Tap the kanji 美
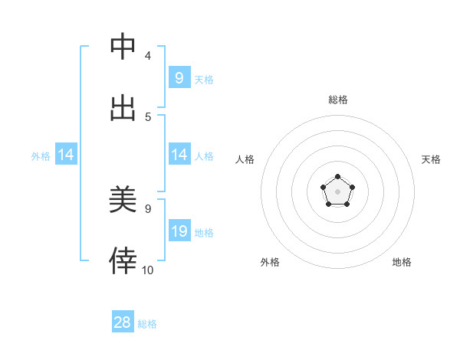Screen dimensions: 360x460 click(x=123, y=200)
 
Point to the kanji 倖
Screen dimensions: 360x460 click(x=123, y=261)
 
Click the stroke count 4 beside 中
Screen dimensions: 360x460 click(x=148, y=56)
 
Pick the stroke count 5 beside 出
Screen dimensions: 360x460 click(x=148, y=117)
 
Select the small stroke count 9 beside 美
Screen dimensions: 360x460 click(x=148, y=208)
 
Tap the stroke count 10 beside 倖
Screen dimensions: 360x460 click(x=148, y=270)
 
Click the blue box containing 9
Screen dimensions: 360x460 click(x=179, y=78)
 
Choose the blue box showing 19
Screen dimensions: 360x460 click(x=179, y=231)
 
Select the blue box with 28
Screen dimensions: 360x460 click(x=123, y=322)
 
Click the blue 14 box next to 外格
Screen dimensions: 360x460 click(x=66, y=155)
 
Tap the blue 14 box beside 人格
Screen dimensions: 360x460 click(x=179, y=155)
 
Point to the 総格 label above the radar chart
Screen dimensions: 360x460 click(x=338, y=100)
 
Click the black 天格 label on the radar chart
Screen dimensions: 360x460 click(x=432, y=159)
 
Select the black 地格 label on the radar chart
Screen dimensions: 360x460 click(x=402, y=262)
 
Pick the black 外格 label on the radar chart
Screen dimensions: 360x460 click(x=270, y=262)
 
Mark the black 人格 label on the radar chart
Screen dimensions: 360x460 click(x=245, y=159)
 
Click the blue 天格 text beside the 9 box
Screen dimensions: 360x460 click(x=204, y=80)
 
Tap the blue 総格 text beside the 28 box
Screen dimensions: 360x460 click(x=147, y=324)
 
